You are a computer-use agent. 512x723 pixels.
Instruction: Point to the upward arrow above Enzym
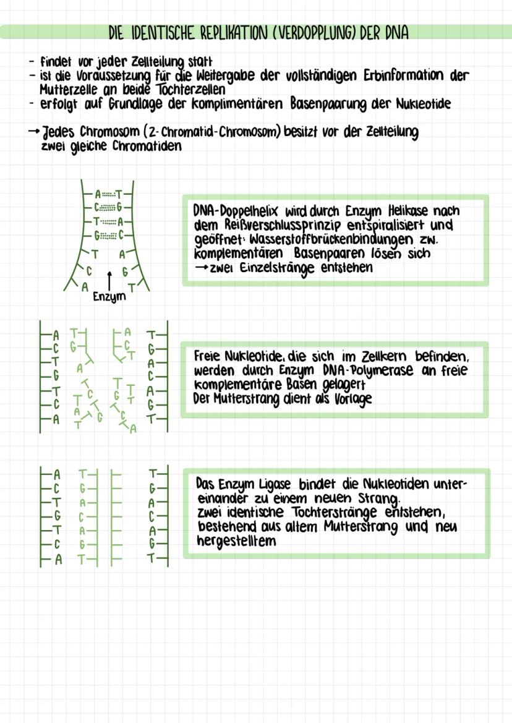coord(109,281)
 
